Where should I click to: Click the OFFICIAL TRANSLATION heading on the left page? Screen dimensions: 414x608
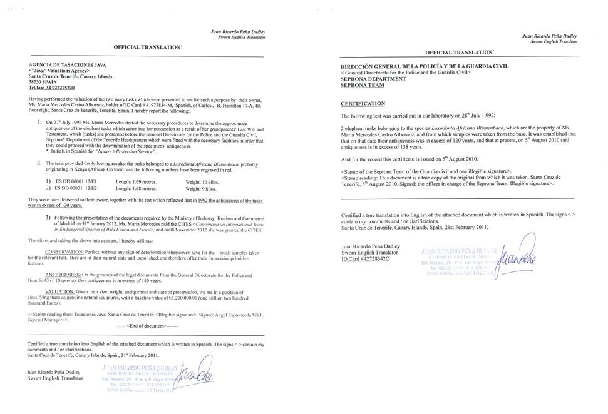click(148, 48)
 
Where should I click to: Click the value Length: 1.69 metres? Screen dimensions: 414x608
click(137, 181)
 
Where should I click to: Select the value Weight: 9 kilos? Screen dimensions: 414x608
click(200, 188)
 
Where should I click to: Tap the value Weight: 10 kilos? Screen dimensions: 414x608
click(202, 181)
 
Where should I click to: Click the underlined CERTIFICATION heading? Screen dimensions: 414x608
click(363, 103)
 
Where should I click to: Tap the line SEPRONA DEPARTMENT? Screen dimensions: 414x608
click(376, 79)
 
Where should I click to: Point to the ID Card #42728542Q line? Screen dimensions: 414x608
click(365, 258)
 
